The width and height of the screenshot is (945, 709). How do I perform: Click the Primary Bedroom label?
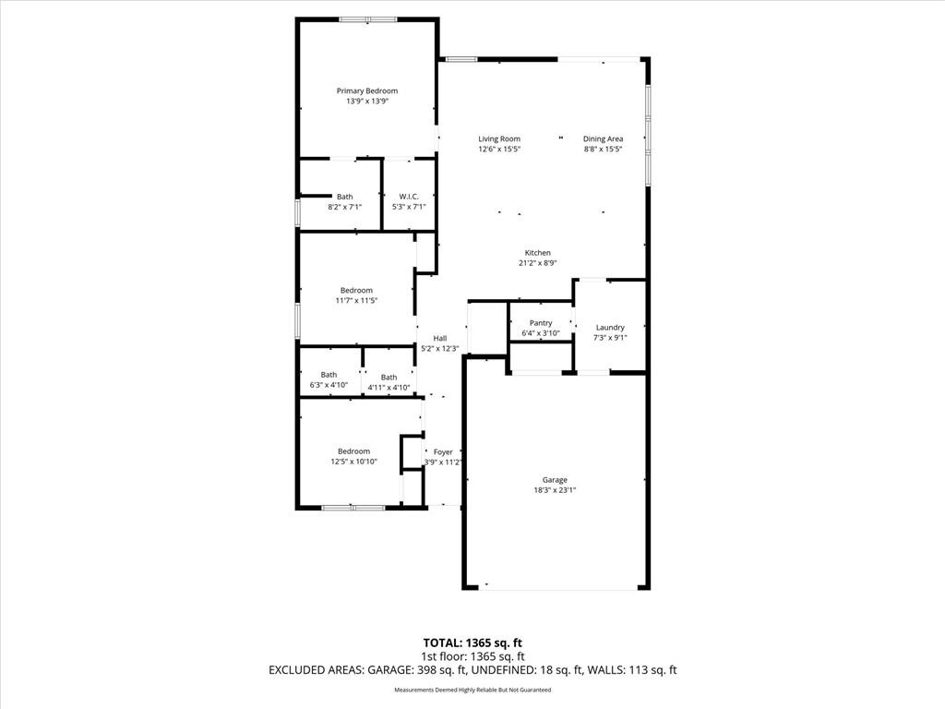[367, 91]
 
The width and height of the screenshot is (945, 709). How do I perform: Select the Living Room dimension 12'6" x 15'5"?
[499, 149]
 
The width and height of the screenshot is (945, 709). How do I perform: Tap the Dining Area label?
[603, 138]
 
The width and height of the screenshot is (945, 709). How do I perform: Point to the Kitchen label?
[538, 253]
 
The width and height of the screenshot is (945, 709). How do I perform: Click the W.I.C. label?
[409, 197]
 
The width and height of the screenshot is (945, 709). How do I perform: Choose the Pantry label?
[541, 323]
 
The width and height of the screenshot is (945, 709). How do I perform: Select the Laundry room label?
[610, 328]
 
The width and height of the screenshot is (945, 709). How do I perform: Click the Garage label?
[555, 480]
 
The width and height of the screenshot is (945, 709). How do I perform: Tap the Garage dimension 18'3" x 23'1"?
[555, 490]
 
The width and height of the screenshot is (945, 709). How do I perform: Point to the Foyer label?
[443, 451]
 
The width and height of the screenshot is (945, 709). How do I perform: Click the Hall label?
[440, 338]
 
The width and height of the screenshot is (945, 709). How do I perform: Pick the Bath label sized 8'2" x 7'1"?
[345, 197]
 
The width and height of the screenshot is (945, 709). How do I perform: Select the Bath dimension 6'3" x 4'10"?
[329, 385]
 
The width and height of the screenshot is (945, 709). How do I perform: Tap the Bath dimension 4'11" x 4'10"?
[389, 388]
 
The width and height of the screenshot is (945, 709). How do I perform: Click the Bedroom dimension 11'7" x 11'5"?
[356, 300]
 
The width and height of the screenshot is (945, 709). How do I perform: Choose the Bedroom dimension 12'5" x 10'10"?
[353, 462]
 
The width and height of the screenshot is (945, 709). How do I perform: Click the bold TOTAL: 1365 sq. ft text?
[472, 643]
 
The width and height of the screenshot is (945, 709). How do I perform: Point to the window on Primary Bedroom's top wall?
[367, 20]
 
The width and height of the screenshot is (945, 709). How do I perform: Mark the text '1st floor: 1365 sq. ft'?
[472, 656]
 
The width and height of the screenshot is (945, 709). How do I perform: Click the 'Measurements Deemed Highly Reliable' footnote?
[472, 690]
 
